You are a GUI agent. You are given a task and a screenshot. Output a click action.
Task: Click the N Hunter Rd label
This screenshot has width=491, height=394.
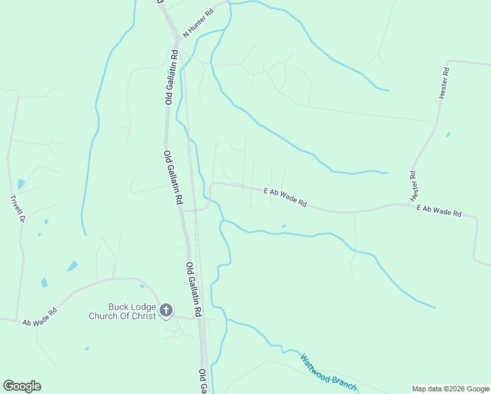(x=199, y=22)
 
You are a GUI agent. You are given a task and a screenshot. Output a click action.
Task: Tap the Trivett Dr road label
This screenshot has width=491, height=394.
(x=18, y=208)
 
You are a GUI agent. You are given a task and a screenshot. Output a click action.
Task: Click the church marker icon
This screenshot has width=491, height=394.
(x=166, y=311)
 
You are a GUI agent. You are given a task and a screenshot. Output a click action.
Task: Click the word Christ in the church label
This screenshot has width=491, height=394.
(x=142, y=316)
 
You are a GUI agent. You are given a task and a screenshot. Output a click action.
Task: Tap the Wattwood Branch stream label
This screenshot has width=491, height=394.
(x=328, y=372)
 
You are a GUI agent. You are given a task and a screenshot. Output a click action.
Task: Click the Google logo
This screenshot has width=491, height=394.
(x=22, y=386)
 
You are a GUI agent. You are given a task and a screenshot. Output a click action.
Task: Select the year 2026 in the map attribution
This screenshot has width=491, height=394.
(x=449, y=389)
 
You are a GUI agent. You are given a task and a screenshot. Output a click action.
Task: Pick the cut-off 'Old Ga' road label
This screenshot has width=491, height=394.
(x=203, y=382)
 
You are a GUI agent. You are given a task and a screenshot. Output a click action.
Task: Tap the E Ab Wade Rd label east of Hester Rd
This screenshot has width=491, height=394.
(x=439, y=211)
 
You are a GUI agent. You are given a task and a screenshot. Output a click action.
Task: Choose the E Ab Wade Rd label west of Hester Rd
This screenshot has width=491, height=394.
(x=285, y=198)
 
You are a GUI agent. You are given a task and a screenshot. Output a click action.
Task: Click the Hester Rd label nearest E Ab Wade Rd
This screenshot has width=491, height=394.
(x=414, y=186)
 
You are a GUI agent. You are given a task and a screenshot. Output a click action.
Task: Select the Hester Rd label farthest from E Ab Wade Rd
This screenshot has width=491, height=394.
(x=444, y=83)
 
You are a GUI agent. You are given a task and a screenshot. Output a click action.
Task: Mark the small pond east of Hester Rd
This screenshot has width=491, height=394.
(x=448, y=135)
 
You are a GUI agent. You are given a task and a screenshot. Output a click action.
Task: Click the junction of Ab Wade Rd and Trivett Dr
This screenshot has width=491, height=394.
(x=18, y=321)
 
